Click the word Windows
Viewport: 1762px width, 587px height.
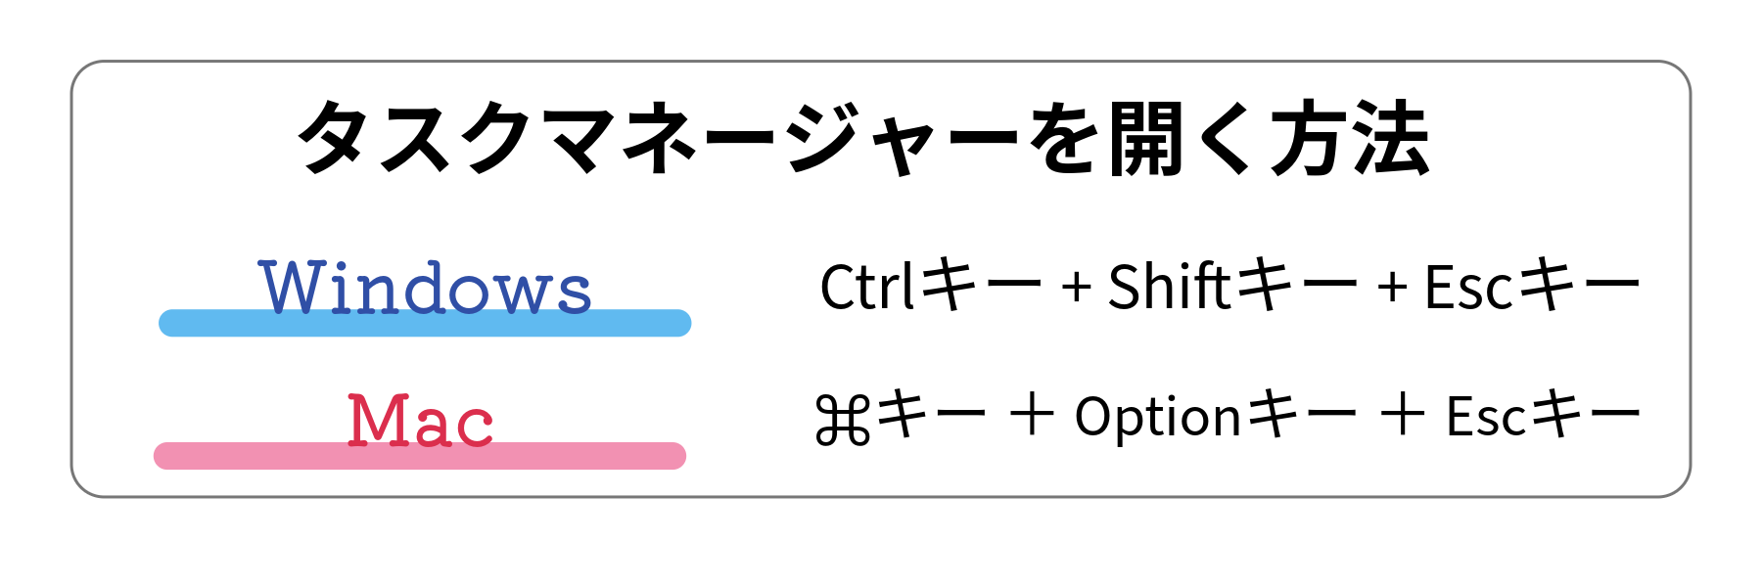pyautogui.click(x=425, y=288)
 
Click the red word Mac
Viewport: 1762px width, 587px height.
pyautogui.click(x=420, y=421)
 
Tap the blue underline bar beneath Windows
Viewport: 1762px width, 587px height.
pyautogui.click(x=425, y=323)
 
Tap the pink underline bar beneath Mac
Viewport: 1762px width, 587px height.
pyautogui.click(x=420, y=456)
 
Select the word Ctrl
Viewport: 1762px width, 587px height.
pyautogui.click(x=868, y=287)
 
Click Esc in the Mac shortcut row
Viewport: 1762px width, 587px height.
pyautogui.click(x=1486, y=417)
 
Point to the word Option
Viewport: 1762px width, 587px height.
pyautogui.click(x=1158, y=418)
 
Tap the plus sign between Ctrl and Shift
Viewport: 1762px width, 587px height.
pyautogui.click(x=1076, y=289)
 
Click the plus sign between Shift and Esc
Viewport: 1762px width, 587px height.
pyautogui.click(x=1392, y=289)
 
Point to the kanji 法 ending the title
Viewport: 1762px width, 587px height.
pyautogui.click(x=1390, y=138)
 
